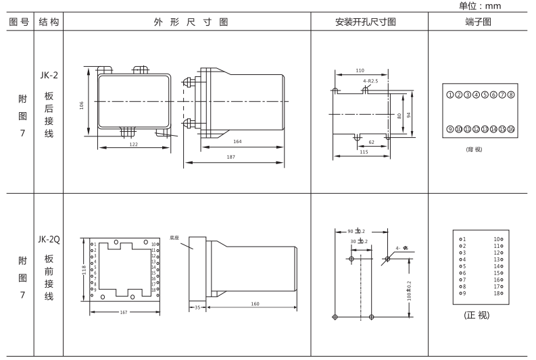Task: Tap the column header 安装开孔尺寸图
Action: click(365, 22)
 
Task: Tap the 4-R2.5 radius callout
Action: click(370, 81)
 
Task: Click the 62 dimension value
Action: click(372, 143)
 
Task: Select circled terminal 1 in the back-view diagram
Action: click(450, 95)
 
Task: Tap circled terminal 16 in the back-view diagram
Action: click(512, 128)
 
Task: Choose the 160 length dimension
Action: click(255, 304)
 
